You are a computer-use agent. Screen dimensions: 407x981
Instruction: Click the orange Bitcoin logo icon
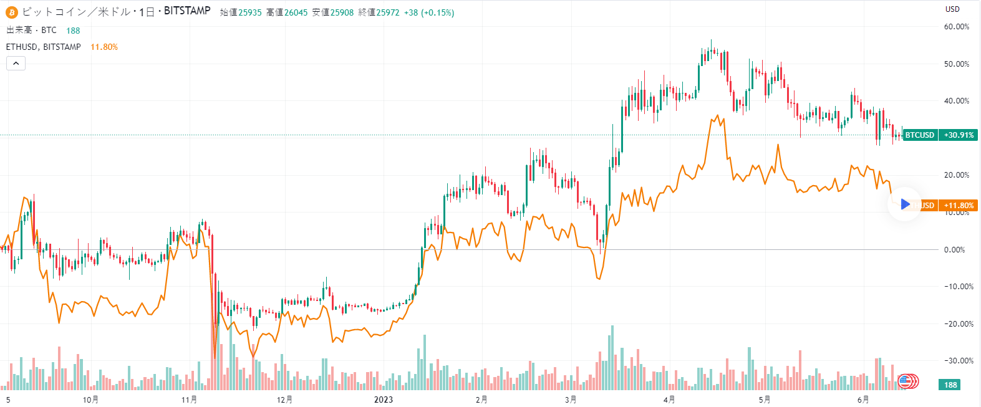(12, 12)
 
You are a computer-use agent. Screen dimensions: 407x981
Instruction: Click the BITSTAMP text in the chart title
(187, 11)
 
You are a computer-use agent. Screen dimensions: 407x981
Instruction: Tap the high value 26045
(296, 12)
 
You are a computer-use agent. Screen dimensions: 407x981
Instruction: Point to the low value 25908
(342, 12)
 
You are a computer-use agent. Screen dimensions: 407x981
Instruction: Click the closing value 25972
(387, 12)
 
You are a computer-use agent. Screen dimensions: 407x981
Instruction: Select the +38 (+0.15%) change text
(429, 12)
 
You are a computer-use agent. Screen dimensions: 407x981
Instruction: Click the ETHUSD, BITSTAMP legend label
(44, 47)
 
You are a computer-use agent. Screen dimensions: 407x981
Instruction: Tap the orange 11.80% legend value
(104, 47)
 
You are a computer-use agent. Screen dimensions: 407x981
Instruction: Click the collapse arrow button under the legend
(16, 63)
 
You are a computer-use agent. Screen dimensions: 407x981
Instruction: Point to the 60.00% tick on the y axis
(957, 27)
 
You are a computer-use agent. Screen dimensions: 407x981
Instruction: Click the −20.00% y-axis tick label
(955, 324)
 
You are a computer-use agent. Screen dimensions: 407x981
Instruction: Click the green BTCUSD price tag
(920, 135)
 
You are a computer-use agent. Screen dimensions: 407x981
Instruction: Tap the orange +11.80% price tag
(959, 206)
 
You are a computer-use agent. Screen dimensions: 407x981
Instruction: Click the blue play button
(905, 204)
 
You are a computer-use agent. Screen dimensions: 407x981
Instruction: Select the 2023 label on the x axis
(384, 400)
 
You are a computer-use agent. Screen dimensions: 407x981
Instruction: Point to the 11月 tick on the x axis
(190, 400)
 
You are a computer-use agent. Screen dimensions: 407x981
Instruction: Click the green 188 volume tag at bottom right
(950, 385)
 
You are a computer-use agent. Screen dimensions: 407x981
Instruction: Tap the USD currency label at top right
(952, 9)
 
